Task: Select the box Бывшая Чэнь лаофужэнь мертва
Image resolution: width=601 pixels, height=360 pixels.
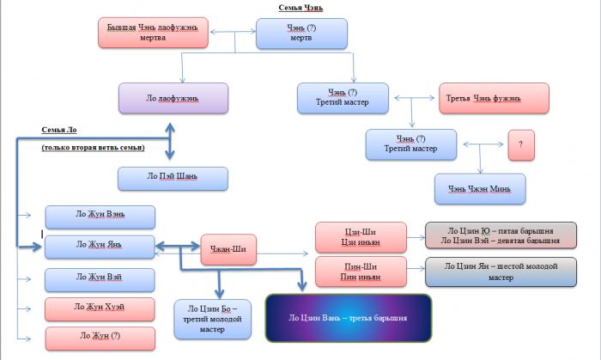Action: click(x=152, y=33)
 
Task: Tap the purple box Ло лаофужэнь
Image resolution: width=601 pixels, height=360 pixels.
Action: click(x=173, y=98)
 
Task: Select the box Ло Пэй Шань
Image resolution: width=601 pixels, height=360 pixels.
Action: click(x=173, y=178)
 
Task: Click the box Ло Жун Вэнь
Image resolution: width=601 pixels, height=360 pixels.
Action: click(x=100, y=217)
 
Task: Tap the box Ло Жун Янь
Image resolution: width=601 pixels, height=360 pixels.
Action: click(x=100, y=245)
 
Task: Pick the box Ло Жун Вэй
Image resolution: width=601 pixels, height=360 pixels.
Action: click(x=100, y=278)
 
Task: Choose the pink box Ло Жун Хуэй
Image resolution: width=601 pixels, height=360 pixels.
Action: click(x=100, y=308)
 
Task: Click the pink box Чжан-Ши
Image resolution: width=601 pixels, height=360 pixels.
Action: click(x=228, y=248)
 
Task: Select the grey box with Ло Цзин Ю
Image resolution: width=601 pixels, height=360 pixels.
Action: click(x=488, y=235)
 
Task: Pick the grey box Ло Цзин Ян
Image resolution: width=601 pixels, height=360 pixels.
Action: click(x=488, y=272)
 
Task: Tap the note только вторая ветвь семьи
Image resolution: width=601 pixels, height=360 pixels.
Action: click(x=93, y=148)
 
